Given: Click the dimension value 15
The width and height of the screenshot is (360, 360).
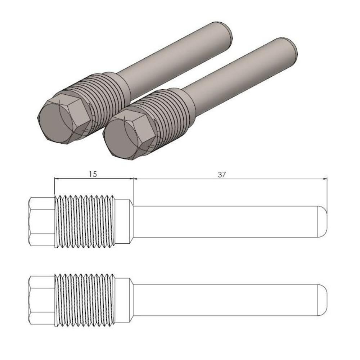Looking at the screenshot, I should (93, 174).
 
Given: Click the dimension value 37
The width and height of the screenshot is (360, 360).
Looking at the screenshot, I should (221, 174).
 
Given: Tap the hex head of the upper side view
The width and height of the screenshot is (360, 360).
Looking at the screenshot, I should (41, 221).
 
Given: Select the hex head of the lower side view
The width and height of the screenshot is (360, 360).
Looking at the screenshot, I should (41, 300).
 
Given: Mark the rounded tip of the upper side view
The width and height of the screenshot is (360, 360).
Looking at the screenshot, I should (324, 221).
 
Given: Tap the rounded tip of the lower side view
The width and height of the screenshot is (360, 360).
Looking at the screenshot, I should (324, 300).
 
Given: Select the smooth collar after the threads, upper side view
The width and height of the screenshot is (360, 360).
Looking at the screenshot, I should (123, 221).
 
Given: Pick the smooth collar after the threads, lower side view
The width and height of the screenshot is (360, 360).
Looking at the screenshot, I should (123, 300).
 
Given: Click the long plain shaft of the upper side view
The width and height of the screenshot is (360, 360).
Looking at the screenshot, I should (227, 221).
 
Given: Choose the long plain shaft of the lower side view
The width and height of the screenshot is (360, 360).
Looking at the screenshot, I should (227, 300).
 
